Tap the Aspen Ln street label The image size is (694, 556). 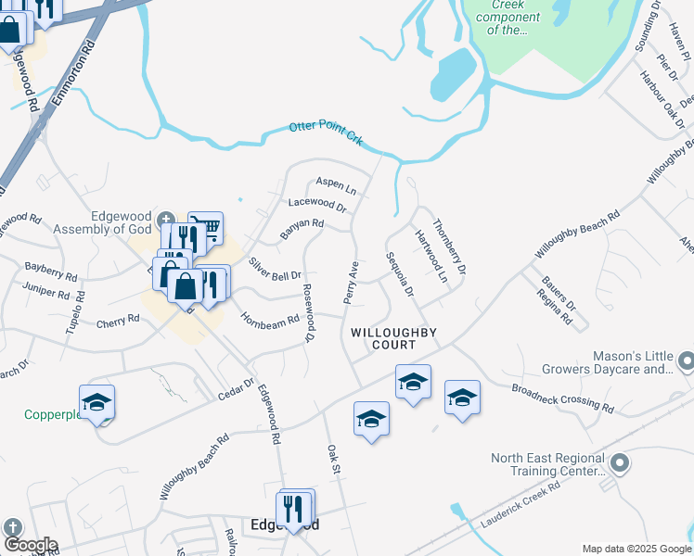pyautogui.click(x=337, y=183)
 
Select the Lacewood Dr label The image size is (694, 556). pyautogui.click(x=317, y=204)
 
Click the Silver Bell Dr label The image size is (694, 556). pyautogui.click(x=275, y=270)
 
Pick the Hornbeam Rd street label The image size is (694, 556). pyautogui.click(x=270, y=319)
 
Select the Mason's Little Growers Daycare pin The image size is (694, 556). pyautogui.click(x=686, y=360)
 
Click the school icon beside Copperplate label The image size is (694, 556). pyautogui.click(x=96, y=402)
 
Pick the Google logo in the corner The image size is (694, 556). pyautogui.click(x=30, y=545)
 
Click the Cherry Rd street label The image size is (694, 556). pyautogui.click(x=118, y=321)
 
